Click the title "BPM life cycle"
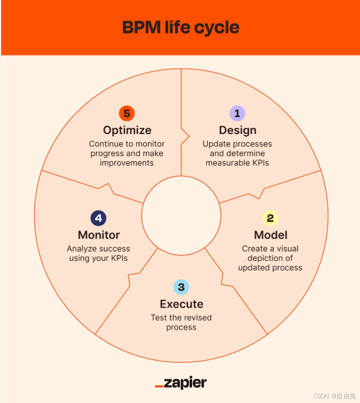click(x=180, y=27)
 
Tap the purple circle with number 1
click(x=237, y=113)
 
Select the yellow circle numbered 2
click(x=270, y=218)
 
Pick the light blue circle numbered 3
click(x=181, y=287)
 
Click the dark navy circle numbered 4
click(x=98, y=218)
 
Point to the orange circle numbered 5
click(x=127, y=113)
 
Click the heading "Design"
click(x=237, y=130)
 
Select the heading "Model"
click(x=270, y=235)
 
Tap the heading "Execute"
click(x=181, y=304)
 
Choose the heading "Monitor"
click(x=98, y=235)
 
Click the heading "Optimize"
click(x=127, y=130)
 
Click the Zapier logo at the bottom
click(x=181, y=383)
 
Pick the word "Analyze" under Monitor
click(x=81, y=249)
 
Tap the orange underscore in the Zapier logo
click(x=159, y=385)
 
